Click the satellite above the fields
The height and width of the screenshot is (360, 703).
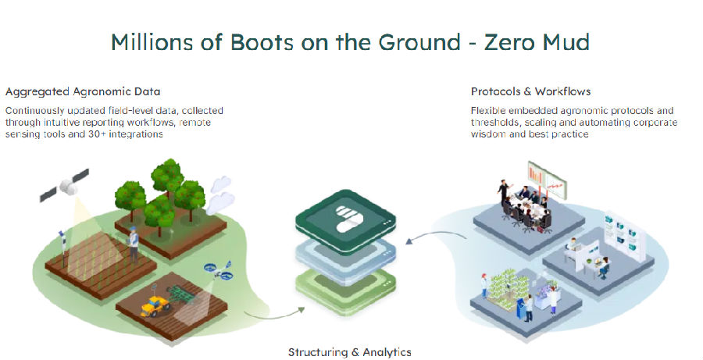pyautogui.click(x=65, y=185)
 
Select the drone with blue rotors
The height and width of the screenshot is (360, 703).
pyautogui.click(x=219, y=270)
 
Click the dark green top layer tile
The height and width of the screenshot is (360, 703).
pyautogui.click(x=346, y=217)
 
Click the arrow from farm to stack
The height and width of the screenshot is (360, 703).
pyautogui.click(x=274, y=315)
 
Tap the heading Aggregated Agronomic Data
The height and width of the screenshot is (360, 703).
pyautogui.click(x=83, y=91)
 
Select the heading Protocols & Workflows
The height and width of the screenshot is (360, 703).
pyautogui.click(x=531, y=91)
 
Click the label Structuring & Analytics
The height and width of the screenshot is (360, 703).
pyautogui.click(x=350, y=352)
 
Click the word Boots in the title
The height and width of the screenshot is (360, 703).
pyautogui.click(x=262, y=42)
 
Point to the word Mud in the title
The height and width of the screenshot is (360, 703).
pyautogui.click(x=566, y=42)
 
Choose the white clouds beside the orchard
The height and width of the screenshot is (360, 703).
pyautogui.click(x=220, y=194)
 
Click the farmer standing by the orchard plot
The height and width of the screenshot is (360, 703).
pyautogui.click(x=133, y=243)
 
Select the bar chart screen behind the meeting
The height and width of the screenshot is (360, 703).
pyautogui.click(x=547, y=180)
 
